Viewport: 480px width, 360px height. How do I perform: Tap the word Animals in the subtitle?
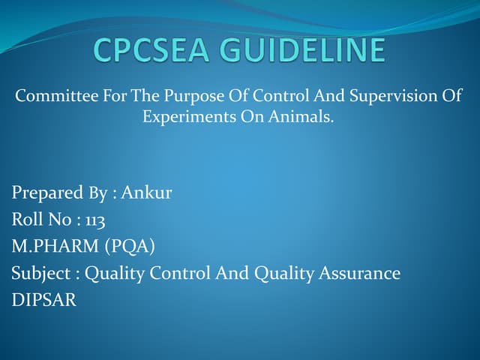pyautogui.click(x=302, y=118)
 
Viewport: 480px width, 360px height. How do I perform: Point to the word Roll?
pyautogui.click(x=27, y=220)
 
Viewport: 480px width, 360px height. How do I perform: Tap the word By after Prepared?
pyautogui.click(x=99, y=193)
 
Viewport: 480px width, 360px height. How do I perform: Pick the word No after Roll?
pyautogui.click(x=61, y=220)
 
